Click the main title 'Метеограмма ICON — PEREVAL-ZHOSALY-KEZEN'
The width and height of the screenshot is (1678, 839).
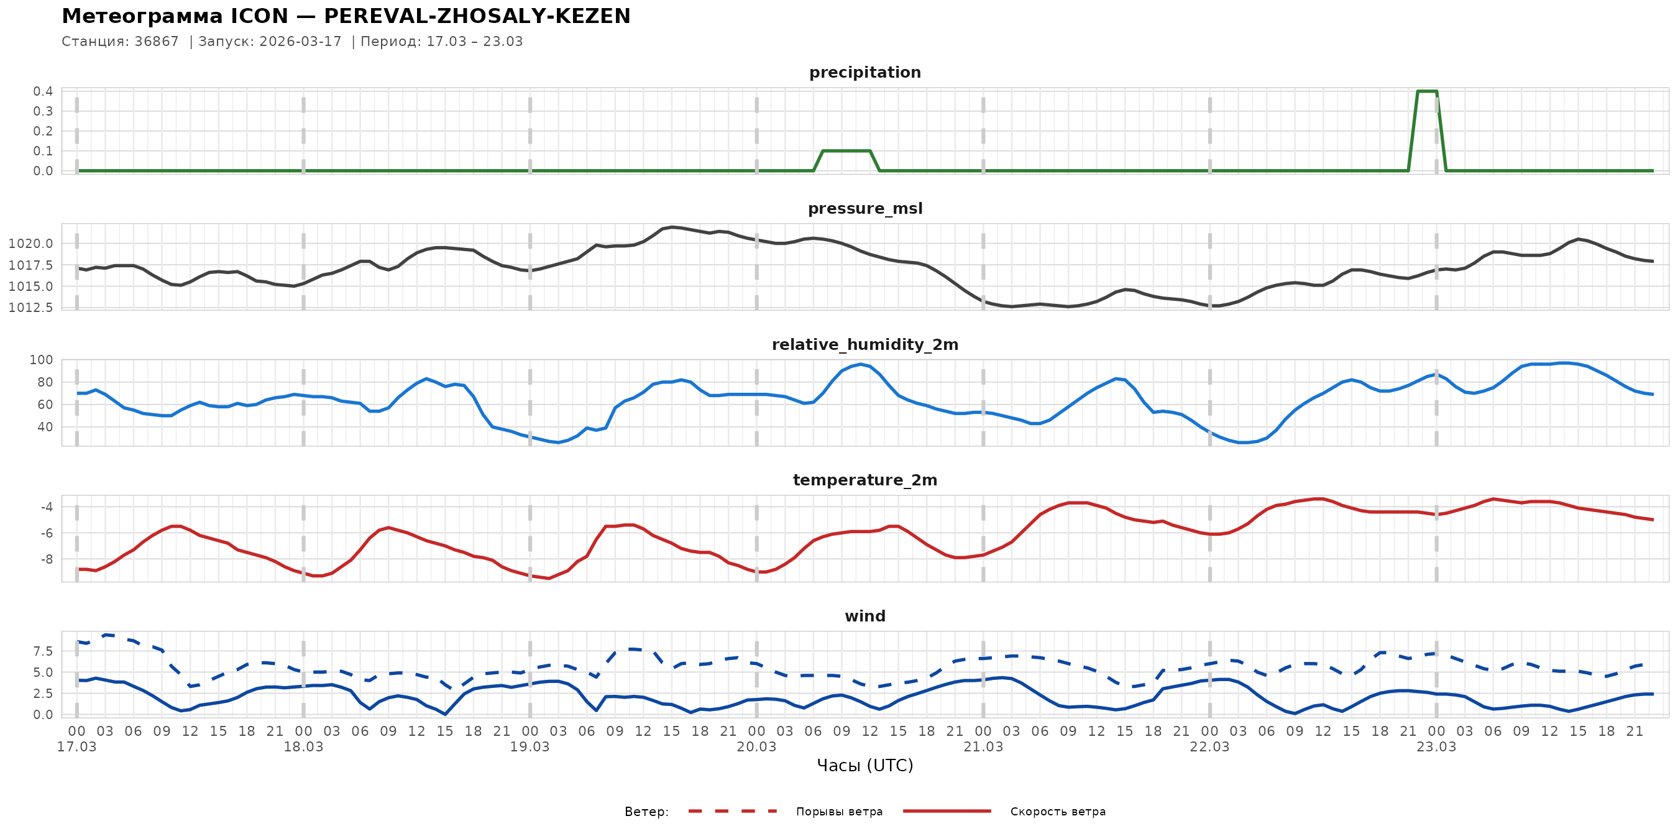(x=346, y=16)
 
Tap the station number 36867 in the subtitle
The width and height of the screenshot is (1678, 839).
(x=157, y=42)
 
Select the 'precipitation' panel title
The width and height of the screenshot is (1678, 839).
(x=864, y=72)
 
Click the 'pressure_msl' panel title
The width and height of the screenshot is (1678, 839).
(x=864, y=208)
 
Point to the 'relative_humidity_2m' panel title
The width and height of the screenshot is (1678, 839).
(x=864, y=344)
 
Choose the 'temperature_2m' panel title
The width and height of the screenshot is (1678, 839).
(x=864, y=480)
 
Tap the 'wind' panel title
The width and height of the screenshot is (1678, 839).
(x=864, y=617)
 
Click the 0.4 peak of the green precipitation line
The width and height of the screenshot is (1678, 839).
(x=1426, y=91)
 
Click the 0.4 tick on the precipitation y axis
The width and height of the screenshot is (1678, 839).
(x=43, y=91)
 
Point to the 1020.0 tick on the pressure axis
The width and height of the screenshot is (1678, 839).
(x=30, y=244)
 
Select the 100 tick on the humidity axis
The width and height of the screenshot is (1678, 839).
(x=41, y=360)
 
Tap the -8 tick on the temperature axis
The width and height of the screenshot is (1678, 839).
(x=46, y=559)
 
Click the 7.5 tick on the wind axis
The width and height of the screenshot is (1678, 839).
(x=43, y=651)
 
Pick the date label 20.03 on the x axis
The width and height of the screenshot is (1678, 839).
(x=756, y=747)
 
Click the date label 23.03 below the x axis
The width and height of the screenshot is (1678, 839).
(x=1436, y=747)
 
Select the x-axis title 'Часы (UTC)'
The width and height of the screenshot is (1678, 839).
(x=864, y=766)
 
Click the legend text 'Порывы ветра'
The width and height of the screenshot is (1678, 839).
(x=839, y=812)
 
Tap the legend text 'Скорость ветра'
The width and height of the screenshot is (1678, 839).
(x=1057, y=812)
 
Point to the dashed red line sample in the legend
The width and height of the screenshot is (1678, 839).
(x=733, y=812)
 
